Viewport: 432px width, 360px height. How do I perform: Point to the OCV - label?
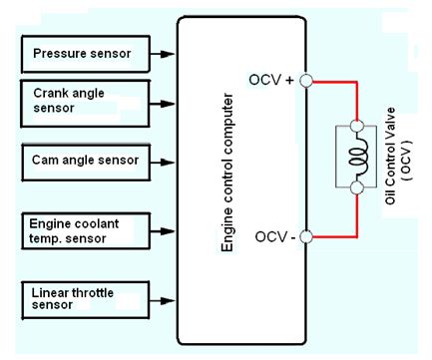click(273, 236)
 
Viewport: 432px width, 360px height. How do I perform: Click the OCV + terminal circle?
click(307, 82)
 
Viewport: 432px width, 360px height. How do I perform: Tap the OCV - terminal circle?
click(307, 236)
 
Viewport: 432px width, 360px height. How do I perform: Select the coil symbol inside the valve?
click(357, 159)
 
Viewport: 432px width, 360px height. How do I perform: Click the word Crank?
click(49, 93)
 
